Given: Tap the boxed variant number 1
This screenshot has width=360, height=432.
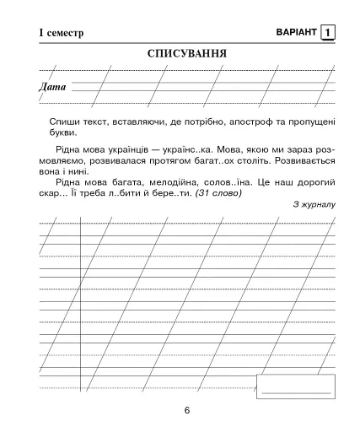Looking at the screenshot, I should point(327,32).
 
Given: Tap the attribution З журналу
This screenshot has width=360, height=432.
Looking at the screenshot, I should point(315,204).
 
